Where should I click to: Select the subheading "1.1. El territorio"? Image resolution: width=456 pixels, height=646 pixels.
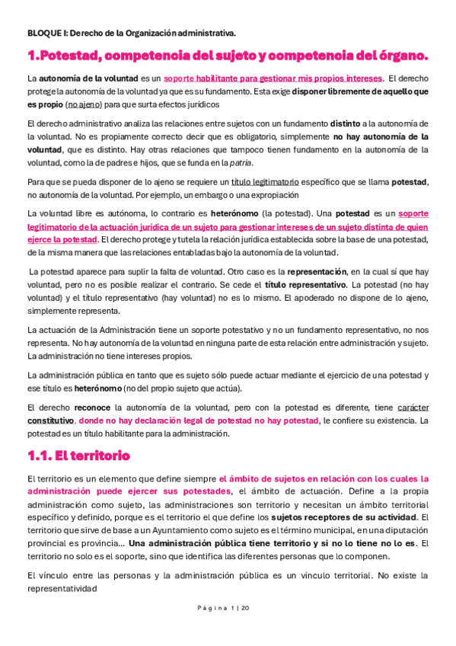(x=78, y=456)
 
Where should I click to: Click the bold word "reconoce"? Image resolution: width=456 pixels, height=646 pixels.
(x=92, y=408)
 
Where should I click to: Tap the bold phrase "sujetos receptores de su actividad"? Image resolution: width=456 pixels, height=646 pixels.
(x=329, y=508)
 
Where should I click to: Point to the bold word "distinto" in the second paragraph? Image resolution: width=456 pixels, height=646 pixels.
(x=348, y=123)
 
